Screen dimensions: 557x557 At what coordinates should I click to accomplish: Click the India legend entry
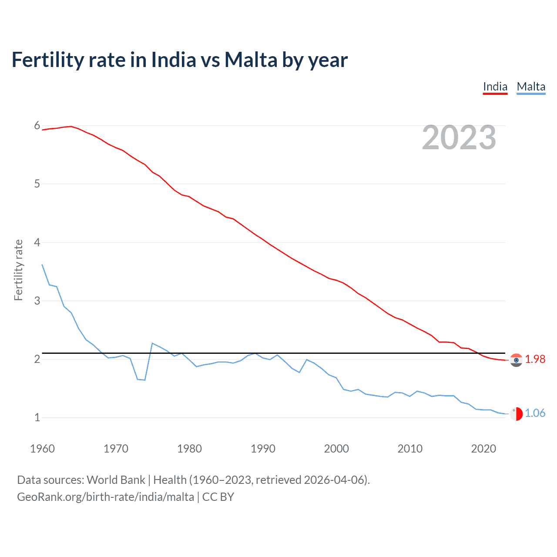coord(495,87)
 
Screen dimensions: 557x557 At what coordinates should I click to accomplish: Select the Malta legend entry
coord(531,87)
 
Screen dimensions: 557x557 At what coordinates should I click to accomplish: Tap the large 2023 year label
coord(459,138)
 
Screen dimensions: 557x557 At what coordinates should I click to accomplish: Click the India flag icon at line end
coord(516,360)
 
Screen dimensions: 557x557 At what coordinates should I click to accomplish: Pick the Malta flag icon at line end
coord(516,413)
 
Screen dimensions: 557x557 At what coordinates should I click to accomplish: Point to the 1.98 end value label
coord(535,359)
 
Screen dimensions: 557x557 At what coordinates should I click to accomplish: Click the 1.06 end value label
coord(535,413)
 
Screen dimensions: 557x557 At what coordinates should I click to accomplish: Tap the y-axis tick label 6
coord(37,126)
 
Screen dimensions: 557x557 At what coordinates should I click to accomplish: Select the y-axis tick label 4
coord(37,242)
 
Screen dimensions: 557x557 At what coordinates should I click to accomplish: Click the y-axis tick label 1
coord(37,417)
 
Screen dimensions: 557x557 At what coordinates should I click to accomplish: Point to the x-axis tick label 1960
coord(42,449)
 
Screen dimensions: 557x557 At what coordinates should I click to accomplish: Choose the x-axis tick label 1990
coord(263,449)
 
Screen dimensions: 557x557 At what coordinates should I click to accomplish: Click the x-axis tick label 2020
coord(483,449)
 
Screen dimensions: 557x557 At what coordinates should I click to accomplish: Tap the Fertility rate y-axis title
coord(18,270)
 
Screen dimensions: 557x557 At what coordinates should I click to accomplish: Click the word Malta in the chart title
coord(251,60)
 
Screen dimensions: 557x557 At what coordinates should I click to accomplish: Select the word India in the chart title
coord(174,60)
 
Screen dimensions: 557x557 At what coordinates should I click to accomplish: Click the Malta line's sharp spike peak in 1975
coord(152,343)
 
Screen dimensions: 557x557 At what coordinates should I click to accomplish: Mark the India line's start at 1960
coord(42,130)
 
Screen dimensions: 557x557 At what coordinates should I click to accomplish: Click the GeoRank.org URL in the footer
coord(105,497)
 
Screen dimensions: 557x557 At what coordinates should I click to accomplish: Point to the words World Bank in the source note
coord(116,480)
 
